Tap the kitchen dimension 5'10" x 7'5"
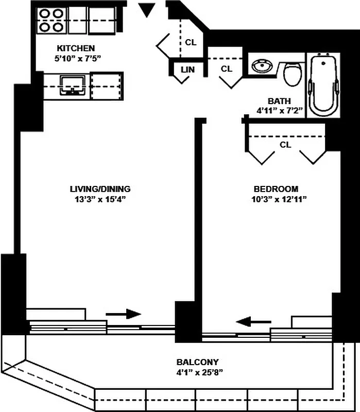coord(77,58)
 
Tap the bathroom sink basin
coord(263,66)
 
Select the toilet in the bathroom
coord(293,74)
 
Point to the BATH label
coord(279,101)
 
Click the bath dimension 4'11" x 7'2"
coord(279,110)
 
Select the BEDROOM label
coord(276,189)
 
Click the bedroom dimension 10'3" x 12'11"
coord(276,199)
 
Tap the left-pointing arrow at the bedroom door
coord(253,322)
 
